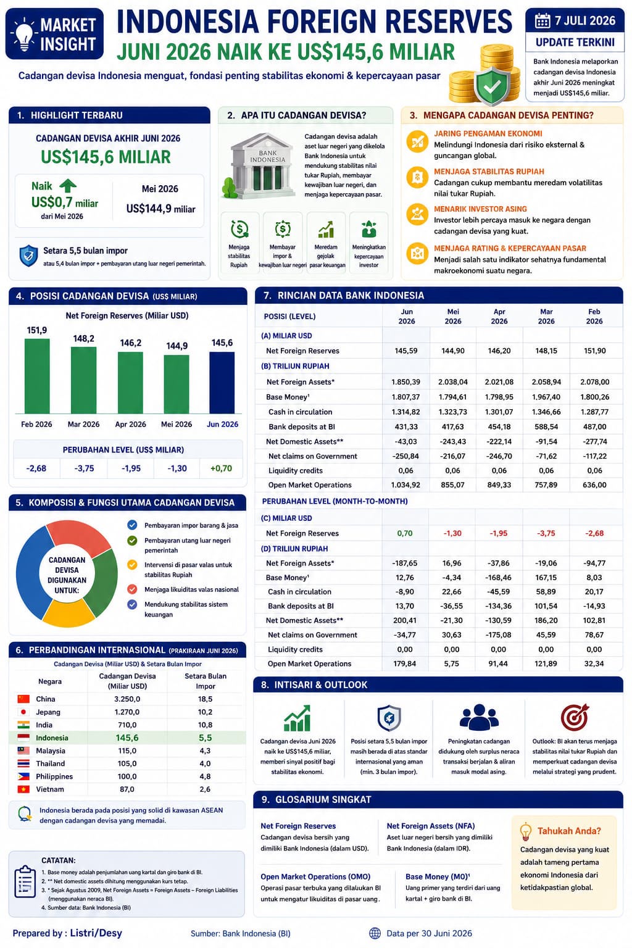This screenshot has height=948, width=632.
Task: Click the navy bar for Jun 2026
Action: coord(222,383)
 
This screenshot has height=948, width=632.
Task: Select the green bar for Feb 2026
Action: coord(37,376)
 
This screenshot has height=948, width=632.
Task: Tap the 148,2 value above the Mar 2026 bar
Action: coord(83,339)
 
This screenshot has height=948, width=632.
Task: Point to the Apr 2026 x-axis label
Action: coord(130,424)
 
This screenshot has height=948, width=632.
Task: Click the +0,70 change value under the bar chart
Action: coord(221,468)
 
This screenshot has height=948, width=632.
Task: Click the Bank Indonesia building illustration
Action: coord(259,166)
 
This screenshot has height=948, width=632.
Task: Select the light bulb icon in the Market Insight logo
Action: coord(24,35)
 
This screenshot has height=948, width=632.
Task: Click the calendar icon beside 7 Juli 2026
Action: coord(543,20)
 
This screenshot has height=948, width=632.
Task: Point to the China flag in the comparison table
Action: coord(23,699)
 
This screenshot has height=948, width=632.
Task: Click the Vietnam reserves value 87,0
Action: coord(127,789)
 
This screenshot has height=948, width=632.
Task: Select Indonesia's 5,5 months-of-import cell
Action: coord(206,738)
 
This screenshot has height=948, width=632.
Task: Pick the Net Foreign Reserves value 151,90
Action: coord(594,351)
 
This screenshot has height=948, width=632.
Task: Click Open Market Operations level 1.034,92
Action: coord(405,485)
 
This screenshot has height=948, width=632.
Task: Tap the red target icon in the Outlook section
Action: coord(575,717)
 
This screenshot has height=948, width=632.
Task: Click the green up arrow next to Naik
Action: coord(68,186)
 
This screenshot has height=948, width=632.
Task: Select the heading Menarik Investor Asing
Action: coord(480,209)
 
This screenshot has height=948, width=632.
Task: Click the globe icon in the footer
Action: coord(375,933)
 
